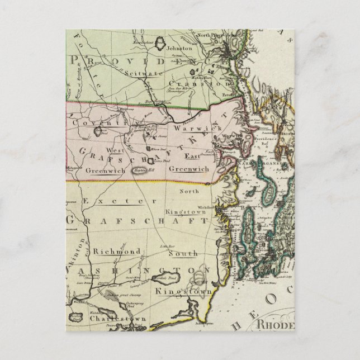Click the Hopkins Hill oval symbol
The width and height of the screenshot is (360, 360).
[140, 170]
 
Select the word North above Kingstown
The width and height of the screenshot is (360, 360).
[188, 191]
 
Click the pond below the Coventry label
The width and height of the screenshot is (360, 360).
[99, 132]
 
